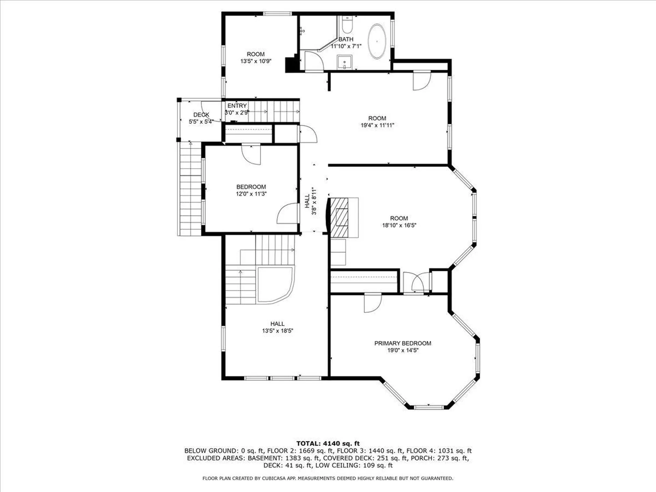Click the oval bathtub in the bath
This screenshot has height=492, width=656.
coord(377,41)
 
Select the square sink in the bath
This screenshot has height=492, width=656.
coord(345,62)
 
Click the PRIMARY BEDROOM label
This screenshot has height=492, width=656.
coord(402,343)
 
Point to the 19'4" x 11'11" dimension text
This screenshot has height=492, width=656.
coord(377,125)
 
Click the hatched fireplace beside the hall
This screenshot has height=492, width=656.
coord(339,217)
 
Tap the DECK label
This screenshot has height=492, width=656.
coord(201,115)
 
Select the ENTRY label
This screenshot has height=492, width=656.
coord(237,106)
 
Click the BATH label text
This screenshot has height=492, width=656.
coord(346,39)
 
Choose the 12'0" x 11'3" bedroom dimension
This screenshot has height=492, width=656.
coord(251,194)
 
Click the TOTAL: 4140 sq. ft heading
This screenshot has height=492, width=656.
coord(328,443)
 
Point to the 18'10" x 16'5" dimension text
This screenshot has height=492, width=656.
coord(399,225)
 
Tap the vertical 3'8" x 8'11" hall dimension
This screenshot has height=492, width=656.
coord(314,201)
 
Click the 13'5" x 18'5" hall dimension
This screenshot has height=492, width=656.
coord(277,331)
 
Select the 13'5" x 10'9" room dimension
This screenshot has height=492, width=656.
coord(256,61)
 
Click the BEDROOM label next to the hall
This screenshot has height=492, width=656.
coord(251,187)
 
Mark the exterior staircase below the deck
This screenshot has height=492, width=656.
coord(190,189)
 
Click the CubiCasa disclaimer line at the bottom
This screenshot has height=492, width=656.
coord(328,478)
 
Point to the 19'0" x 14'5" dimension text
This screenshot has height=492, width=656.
coord(403,350)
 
